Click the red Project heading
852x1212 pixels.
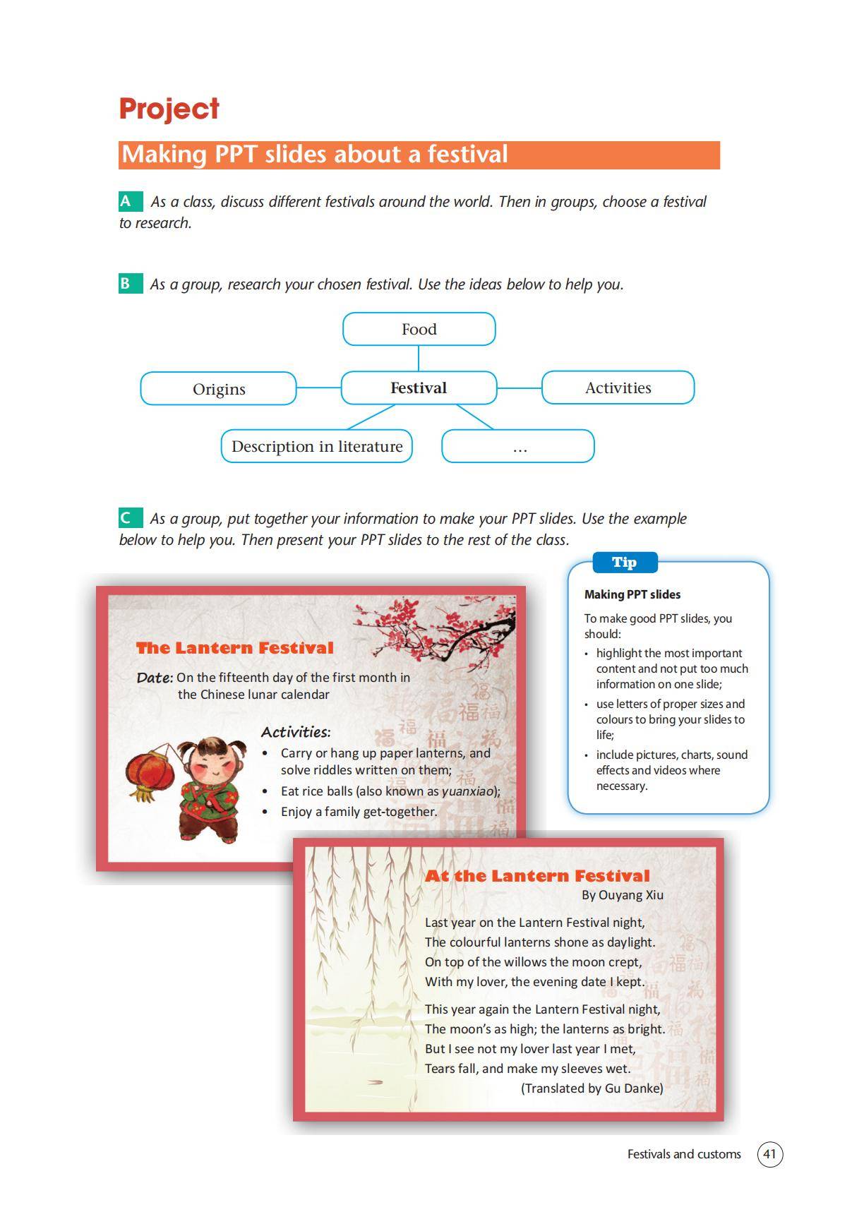(x=169, y=109)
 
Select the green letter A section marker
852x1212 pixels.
(x=127, y=202)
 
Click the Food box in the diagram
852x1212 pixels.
(x=419, y=330)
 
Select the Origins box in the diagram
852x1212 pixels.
(x=218, y=389)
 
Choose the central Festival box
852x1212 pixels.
(x=419, y=388)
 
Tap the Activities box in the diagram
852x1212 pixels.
(x=618, y=388)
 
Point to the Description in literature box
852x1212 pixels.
(x=316, y=447)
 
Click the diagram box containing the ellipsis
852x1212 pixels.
(x=518, y=447)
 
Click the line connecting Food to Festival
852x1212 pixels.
(x=419, y=358)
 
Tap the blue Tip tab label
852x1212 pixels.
(x=624, y=563)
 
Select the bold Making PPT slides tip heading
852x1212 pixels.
(x=632, y=594)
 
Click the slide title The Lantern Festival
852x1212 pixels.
(x=234, y=648)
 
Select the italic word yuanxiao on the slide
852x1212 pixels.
(x=467, y=791)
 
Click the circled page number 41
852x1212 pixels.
(x=769, y=1154)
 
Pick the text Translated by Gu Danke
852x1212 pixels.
(x=592, y=1088)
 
